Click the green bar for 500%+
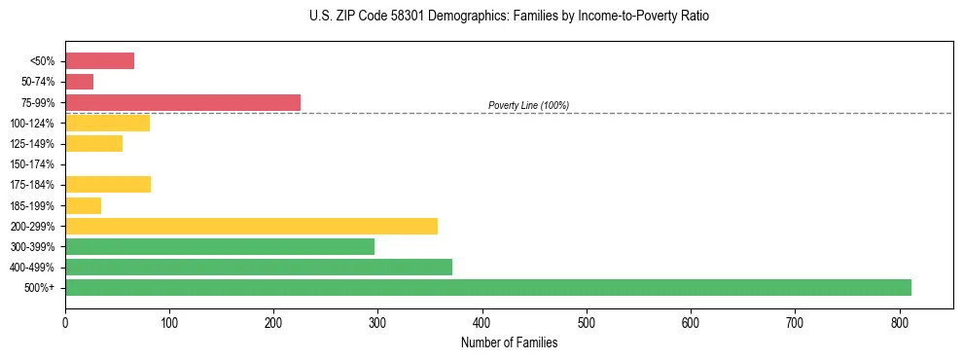[x=487, y=287]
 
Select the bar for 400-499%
[x=259, y=267]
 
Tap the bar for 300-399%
[x=220, y=246]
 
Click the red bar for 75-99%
[x=183, y=102]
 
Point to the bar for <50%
[x=99, y=61]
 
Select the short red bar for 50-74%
[x=79, y=82]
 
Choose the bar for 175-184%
[x=108, y=185]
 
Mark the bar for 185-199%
[x=83, y=205]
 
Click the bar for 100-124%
[x=107, y=123]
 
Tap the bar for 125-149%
[x=93, y=143]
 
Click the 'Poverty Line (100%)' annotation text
[x=528, y=105]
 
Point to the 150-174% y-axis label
[x=32, y=164]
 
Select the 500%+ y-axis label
[x=40, y=288]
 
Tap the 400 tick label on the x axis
[x=482, y=323]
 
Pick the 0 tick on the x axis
[x=65, y=323]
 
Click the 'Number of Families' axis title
[x=509, y=342]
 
